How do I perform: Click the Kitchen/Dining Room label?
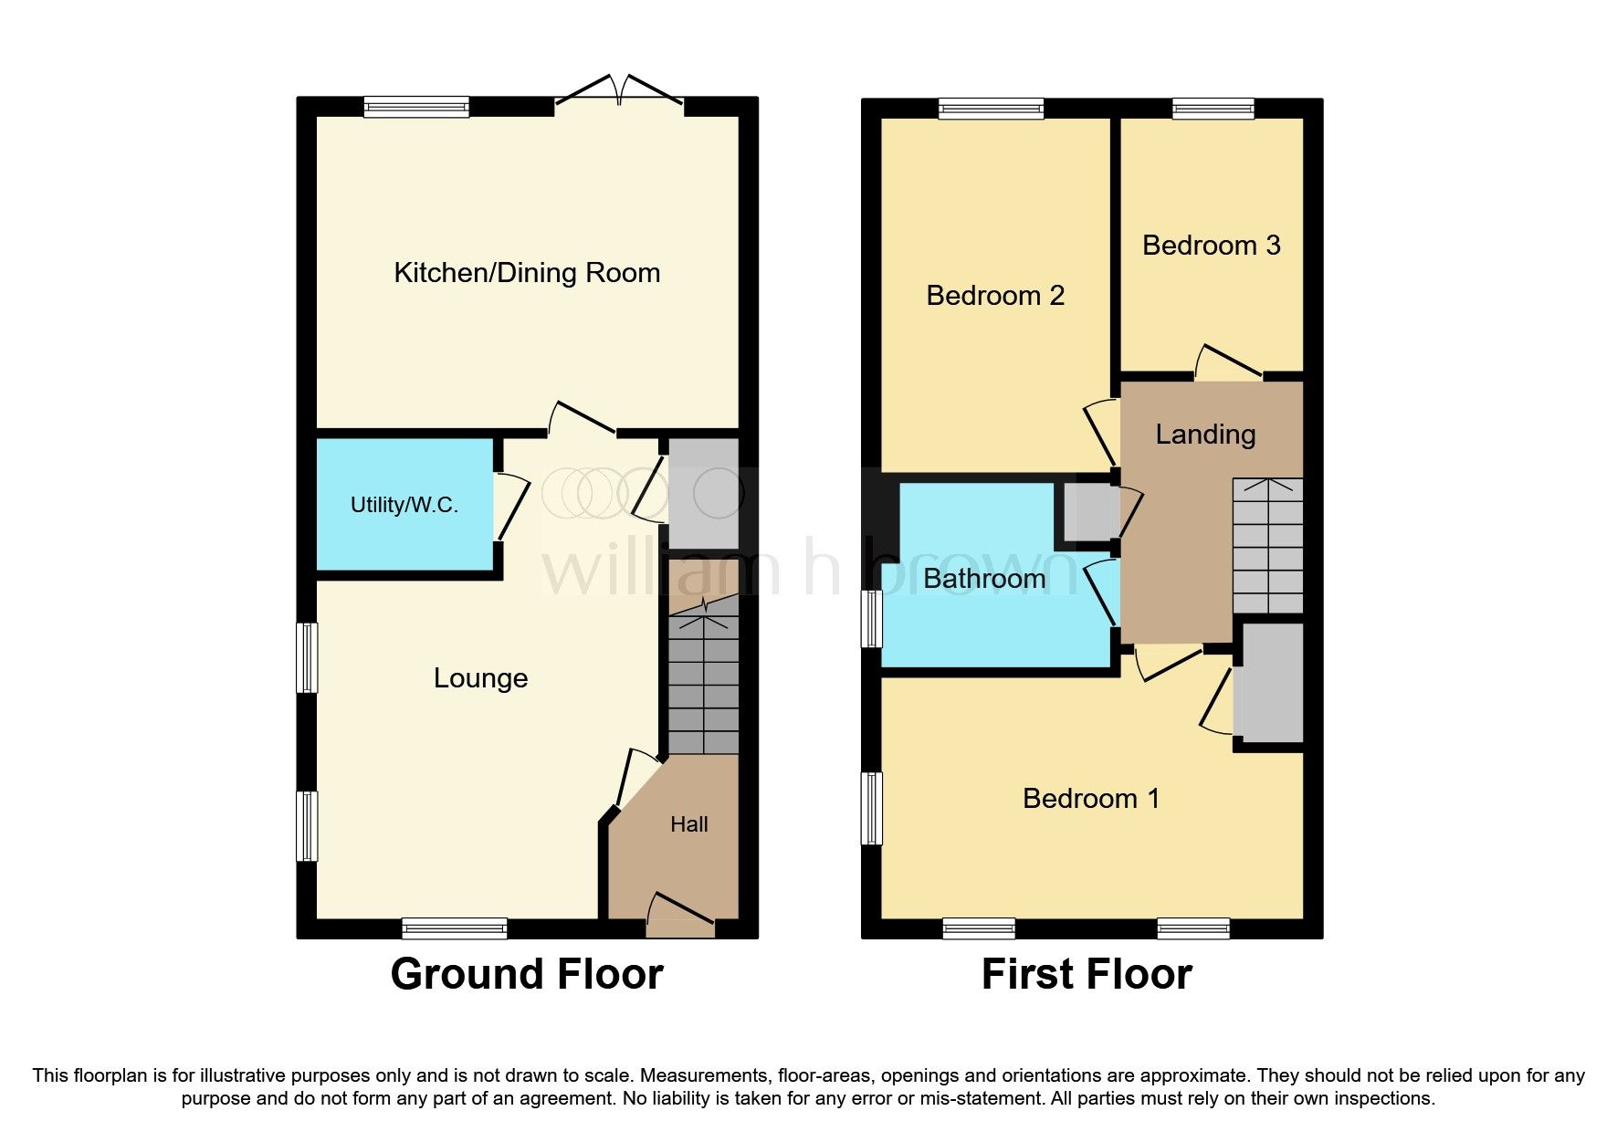click(x=527, y=273)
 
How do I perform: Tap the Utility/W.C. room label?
click(x=404, y=505)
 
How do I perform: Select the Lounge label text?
click(x=480, y=677)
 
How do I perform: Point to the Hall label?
click(x=688, y=824)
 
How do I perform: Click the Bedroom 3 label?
click(x=1211, y=245)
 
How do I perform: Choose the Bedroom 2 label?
click(x=995, y=295)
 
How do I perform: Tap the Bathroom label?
click(x=984, y=578)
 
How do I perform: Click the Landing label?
click(x=1205, y=434)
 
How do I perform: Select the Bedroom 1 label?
click(x=1091, y=798)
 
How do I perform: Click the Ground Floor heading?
click(x=527, y=974)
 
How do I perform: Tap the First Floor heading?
click(x=1087, y=974)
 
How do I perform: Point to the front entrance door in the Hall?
click(x=680, y=916)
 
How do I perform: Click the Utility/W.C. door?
click(x=511, y=507)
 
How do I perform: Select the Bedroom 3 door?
click(x=1228, y=362)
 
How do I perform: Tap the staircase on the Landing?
click(x=1267, y=546)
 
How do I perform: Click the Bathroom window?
click(x=873, y=618)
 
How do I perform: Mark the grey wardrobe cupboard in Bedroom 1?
click(x=1269, y=683)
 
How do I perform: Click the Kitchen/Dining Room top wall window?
click(x=416, y=107)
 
